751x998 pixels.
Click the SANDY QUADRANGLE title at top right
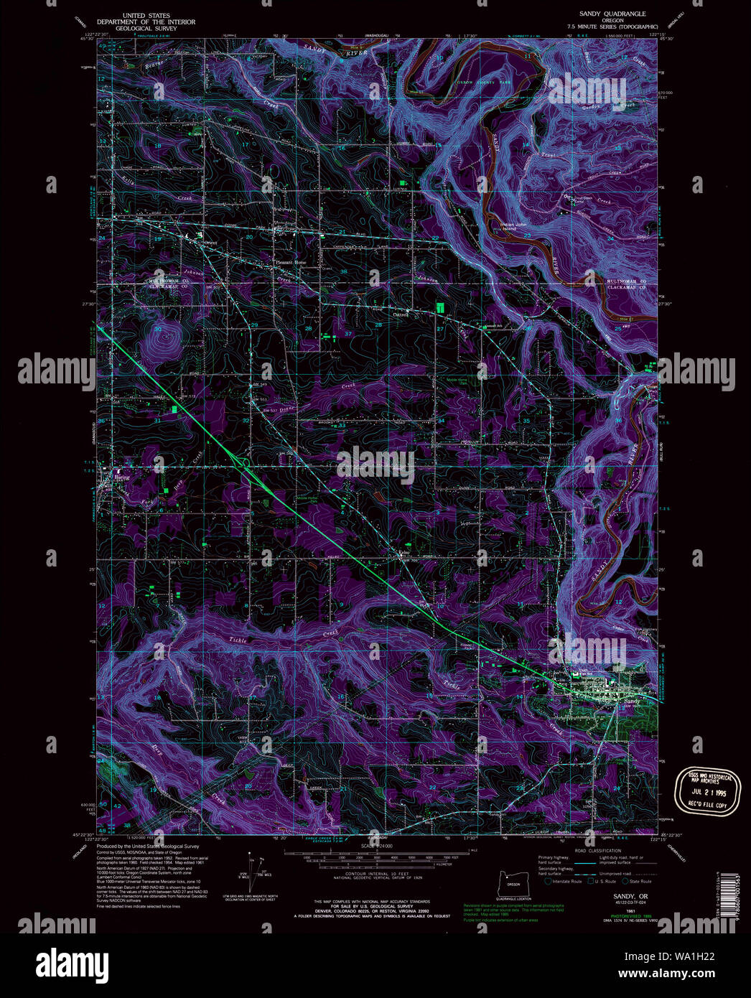612,14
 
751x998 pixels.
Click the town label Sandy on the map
631,701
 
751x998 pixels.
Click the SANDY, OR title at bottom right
630,896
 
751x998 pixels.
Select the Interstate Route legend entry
566,881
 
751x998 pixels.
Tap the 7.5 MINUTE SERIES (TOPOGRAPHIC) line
612,27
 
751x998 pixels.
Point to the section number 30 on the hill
157,329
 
